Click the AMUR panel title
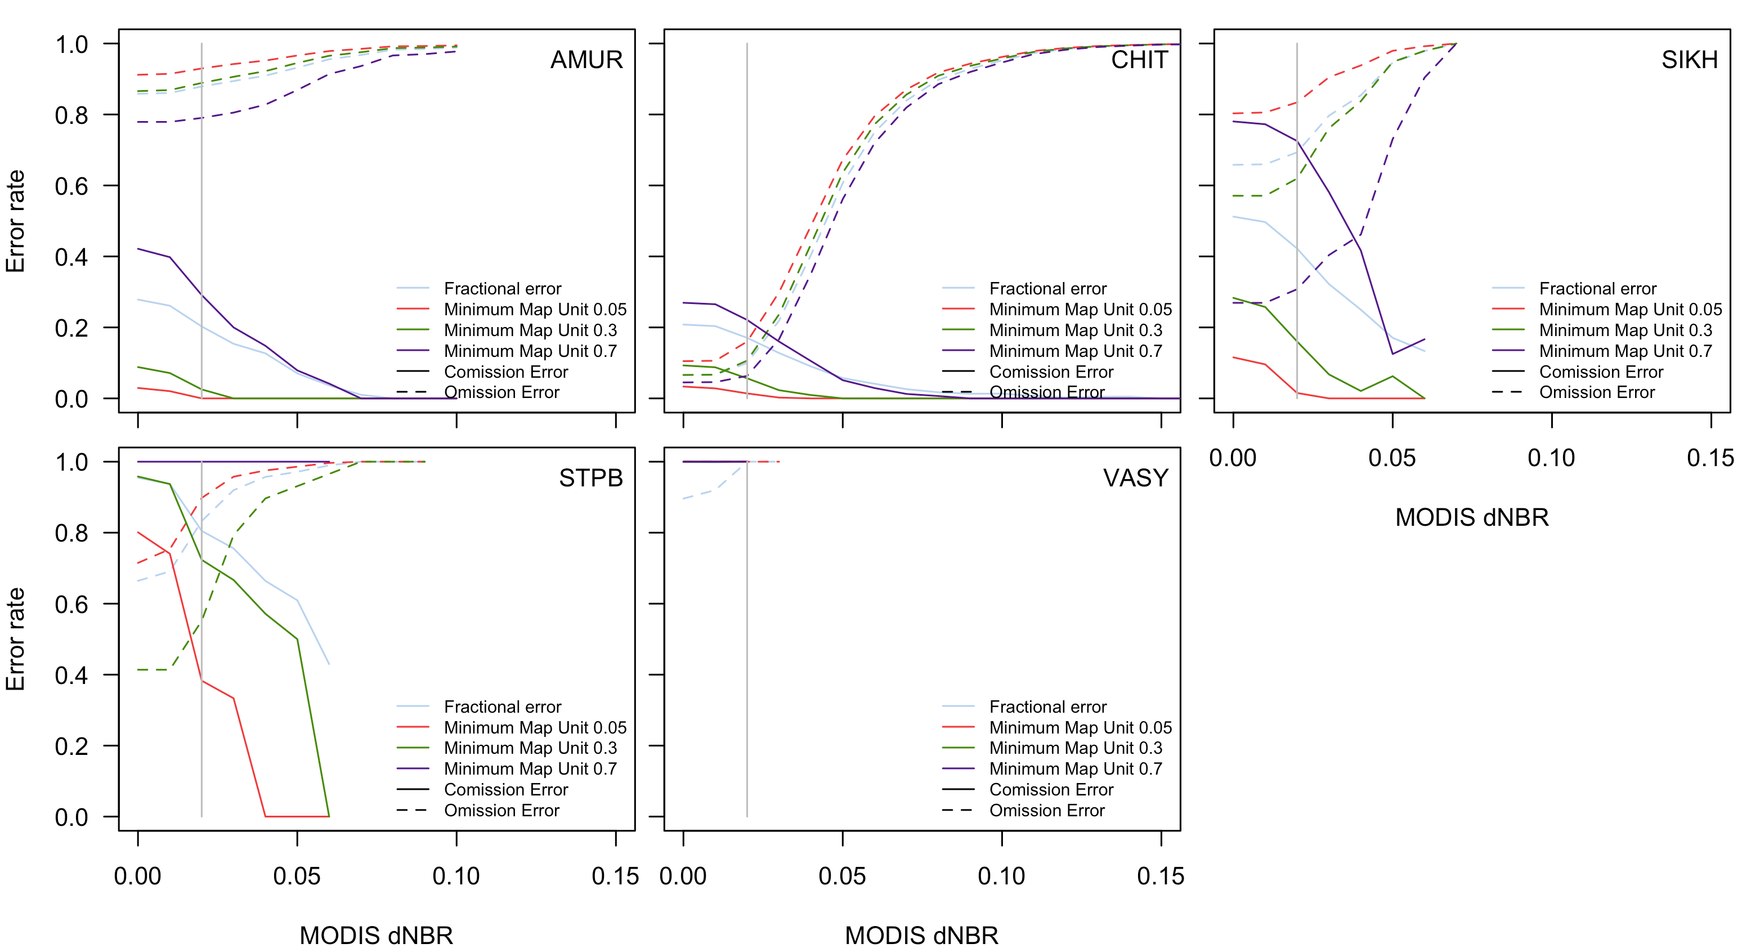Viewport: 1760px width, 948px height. tap(586, 60)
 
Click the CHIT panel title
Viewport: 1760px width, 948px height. tap(1139, 60)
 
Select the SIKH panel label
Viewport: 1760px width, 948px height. tap(1689, 60)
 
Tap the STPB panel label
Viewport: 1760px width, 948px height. tap(590, 478)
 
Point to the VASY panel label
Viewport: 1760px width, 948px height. tap(1135, 478)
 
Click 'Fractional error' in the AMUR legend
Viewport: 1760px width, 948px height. tap(502, 288)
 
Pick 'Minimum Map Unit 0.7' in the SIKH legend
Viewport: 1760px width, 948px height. tap(1625, 351)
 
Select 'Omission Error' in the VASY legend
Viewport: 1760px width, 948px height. tap(1047, 811)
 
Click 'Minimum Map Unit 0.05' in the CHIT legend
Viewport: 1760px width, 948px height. tap(1080, 310)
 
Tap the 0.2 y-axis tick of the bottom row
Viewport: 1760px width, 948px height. tap(71, 746)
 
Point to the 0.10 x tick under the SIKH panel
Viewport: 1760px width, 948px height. tap(1551, 458)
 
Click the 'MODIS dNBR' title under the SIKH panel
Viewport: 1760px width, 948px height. tap(1472, 517)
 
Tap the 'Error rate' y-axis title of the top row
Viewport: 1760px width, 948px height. tap(15, 221)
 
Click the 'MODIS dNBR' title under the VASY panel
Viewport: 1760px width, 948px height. tap(921, 935)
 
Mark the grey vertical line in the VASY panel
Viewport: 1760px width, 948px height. tap(747, 649)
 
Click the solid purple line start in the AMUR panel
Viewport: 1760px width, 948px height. tap(138, 249)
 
